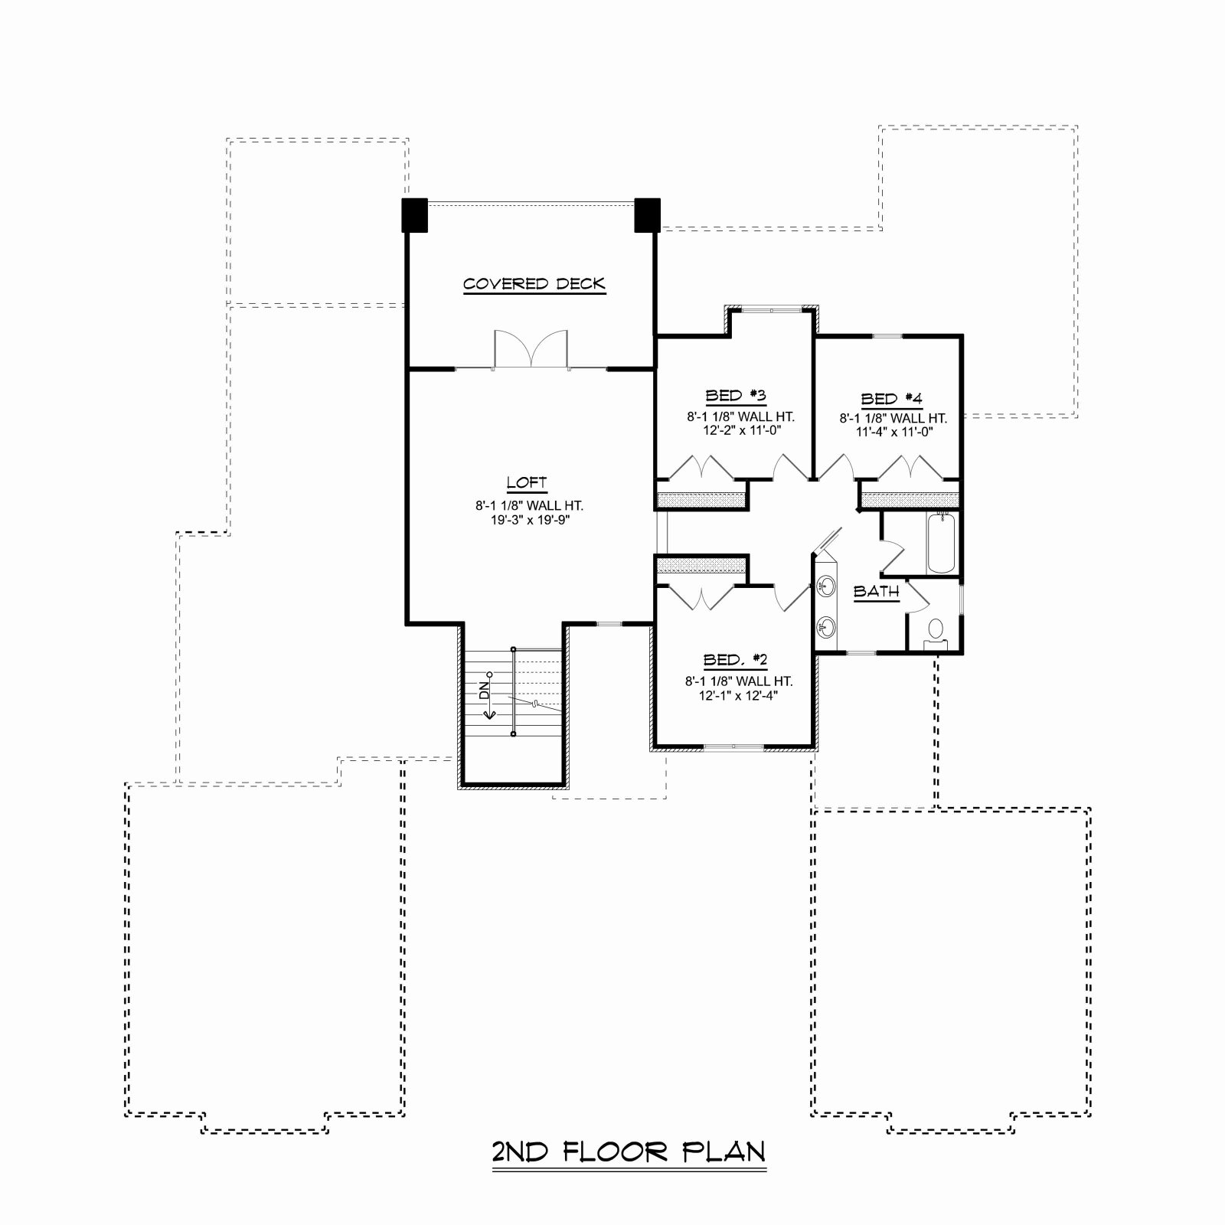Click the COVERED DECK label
click(534, 284)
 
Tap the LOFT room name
click(527, 482)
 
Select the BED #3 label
click(736, 395)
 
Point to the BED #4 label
click(892, 399)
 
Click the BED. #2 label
click(736, 660)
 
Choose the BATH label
click(877, 591)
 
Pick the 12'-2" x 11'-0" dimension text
click(739, 430)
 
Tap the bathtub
click(941, 544)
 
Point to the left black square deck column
click(415, 215)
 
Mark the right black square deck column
click(647, 215)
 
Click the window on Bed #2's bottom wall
click(733, 746)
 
